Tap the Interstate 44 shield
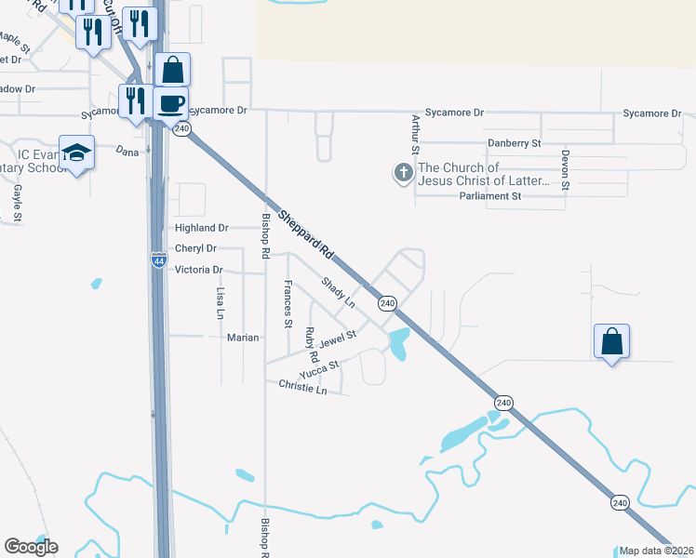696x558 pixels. point(158,262)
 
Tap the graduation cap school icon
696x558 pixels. point(76,153)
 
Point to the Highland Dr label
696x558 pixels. point(201,228)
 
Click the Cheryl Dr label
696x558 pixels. point(195,249)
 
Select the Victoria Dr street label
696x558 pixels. point(199,270)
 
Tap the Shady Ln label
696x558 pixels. point(339,291)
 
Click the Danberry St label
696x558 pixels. point(515,143)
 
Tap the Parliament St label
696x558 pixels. point(490,197)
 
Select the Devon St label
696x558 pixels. point(565,169)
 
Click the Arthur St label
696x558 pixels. point(416,135)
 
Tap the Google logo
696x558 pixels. point(31,547)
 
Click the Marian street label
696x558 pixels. point(243,338)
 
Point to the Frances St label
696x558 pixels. point(288,303)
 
